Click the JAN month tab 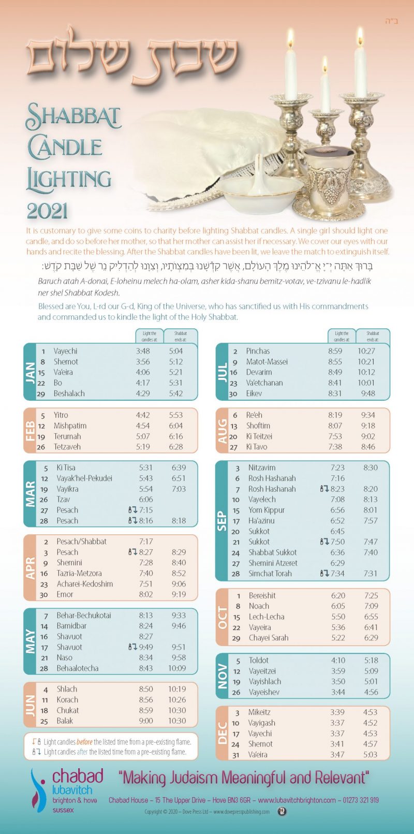pos(30,372)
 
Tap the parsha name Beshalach pos(69,393)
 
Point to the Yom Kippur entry pos(267,510)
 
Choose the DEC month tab pos(223,733)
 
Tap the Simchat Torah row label pos(270,574)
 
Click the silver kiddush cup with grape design pos(326,181)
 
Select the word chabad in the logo pos(78,776)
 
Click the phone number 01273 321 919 pos(361,800)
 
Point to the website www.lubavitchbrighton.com pos(297,800)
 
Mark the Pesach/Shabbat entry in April pos(81,542)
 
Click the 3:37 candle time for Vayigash pos(337,723)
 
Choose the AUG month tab pos(223,431)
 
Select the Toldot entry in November pos(258,660)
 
